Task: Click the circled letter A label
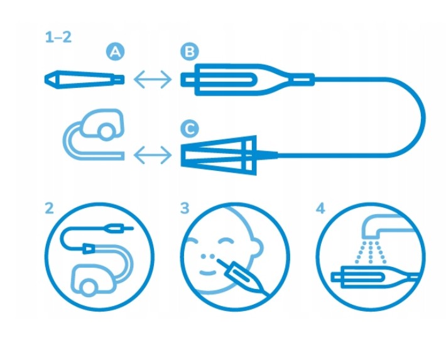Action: (115, 52)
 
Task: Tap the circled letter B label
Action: (190, 52)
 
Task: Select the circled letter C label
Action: (190, 129)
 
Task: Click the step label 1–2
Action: (58, 37)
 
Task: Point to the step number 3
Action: (185, 208)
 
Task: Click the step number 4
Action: (320, 208)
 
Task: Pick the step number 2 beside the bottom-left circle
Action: (49, 208)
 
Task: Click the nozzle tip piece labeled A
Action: (84, 79)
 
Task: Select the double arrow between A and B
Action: (153, 79)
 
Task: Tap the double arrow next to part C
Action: (153, 155)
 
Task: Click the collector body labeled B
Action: (247, 79)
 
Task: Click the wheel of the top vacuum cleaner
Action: (106, 131)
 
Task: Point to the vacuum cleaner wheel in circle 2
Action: (89, 286)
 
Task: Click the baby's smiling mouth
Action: (207, 273)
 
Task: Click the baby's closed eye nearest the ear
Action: (226, 241)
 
